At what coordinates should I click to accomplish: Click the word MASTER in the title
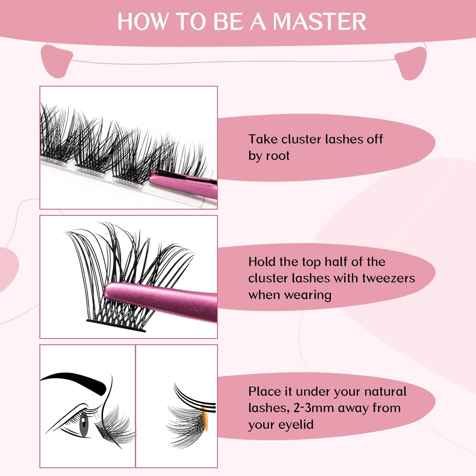tap(319, 22)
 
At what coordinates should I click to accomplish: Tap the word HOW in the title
tap(142, 22)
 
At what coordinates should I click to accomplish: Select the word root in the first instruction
tap(278, 156)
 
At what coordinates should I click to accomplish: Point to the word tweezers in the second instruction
tap(388, 278)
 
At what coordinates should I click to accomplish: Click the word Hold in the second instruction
tap(262, 261)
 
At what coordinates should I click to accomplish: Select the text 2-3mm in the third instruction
tap(314, 408)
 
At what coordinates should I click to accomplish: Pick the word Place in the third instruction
tap(265, 391)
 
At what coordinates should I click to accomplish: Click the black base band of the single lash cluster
tap(116, 326)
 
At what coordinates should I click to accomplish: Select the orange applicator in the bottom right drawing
tap(205, 418)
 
